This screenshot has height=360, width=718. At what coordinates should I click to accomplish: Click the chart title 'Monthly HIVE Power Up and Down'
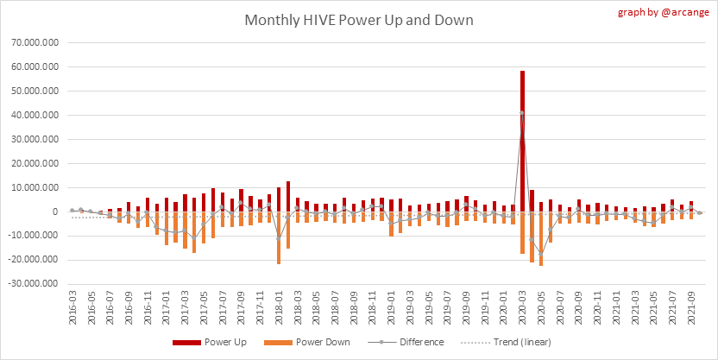(358, 19)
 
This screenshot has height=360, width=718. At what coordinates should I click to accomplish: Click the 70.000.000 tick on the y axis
(33, 41)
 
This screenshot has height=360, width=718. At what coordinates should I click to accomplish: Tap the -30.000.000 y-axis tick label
(31, 284)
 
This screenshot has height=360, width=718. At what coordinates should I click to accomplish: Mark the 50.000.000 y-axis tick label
(33, 90)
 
